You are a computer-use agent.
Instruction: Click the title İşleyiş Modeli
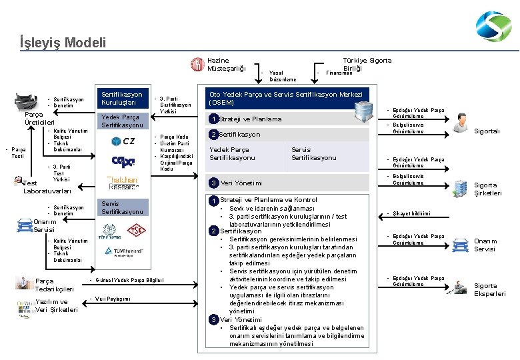pos(63,43)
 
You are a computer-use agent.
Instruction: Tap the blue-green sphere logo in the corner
pos(493,27)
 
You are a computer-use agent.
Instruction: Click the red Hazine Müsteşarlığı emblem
pos(197,64)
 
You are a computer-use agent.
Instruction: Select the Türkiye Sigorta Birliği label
pos(367,64)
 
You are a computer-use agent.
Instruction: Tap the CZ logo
pos(123,141)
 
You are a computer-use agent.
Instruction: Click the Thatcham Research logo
pos(123,182)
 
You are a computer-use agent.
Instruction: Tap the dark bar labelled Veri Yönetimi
pos(287,183)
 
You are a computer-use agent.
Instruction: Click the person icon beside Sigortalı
pos(460,122)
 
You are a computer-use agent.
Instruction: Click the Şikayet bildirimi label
pos(412,214)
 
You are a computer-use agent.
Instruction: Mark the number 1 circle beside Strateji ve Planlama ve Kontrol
pos(213,200)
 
